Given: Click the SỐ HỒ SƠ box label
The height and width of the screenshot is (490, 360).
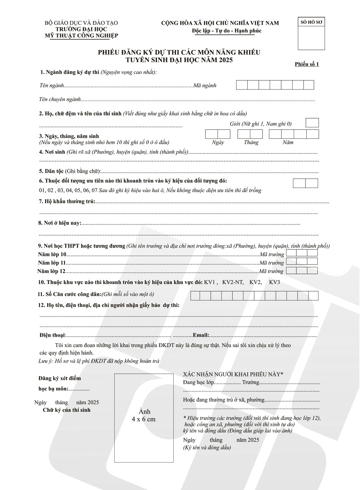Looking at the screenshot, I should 311,22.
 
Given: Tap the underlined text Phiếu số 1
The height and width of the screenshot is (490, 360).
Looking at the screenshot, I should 307,64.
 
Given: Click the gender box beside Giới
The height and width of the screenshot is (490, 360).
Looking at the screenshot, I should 312,123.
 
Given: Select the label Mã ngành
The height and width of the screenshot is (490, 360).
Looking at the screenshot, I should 205,85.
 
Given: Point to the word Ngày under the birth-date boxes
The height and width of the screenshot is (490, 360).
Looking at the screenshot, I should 218,142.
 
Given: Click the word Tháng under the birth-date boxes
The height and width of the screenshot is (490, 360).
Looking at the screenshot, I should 251,142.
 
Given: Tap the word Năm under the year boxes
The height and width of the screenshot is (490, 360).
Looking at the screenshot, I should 288,142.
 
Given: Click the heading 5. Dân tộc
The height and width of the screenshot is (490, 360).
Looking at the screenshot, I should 51,171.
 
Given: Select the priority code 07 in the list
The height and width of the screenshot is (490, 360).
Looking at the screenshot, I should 94,190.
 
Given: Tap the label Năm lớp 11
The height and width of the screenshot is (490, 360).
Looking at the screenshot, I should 52,263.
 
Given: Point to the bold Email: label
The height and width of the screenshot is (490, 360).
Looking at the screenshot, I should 201,335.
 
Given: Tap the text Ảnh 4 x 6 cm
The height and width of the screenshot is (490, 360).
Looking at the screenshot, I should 144,415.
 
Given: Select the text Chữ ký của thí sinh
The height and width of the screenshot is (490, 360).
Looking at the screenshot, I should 67,410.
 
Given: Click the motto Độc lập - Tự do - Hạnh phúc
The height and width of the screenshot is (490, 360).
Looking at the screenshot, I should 227,31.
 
